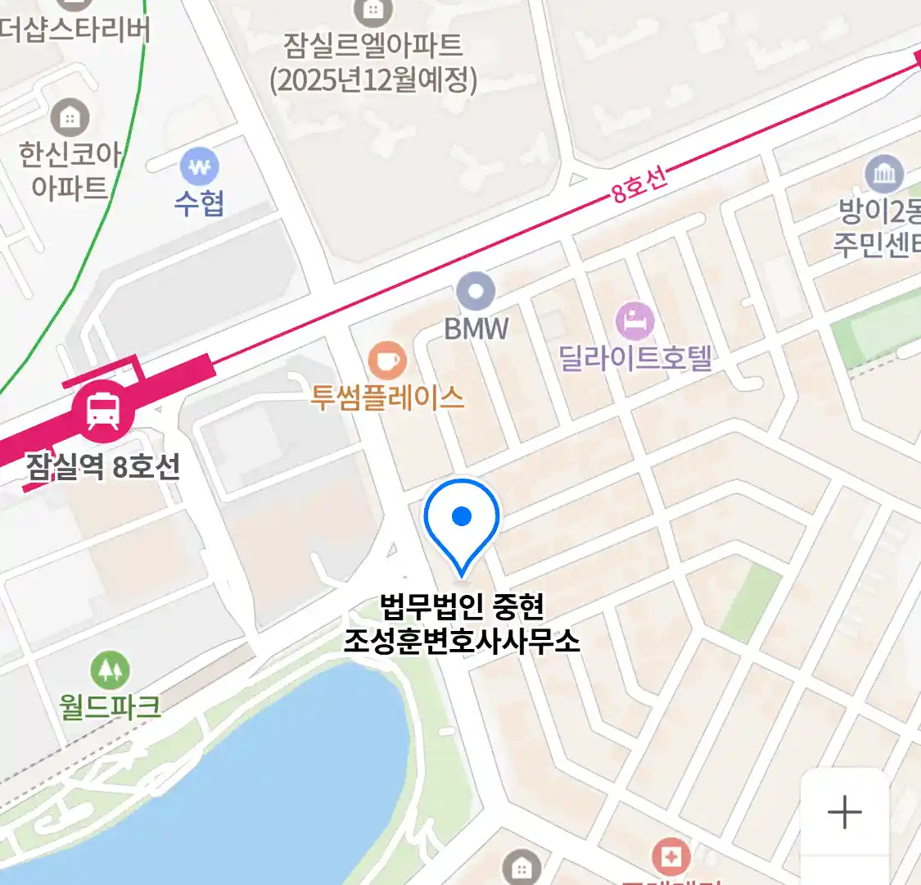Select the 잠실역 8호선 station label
coord(103,467)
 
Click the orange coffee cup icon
coord(386,361)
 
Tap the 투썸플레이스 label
coord(386,397)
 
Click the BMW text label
coord(476,329)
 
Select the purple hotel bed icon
coord(635,321)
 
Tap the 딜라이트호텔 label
coord(635,358)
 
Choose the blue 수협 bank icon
coord(199,168)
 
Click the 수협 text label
coord(199,203)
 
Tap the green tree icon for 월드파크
coord(110,670)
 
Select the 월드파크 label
coord(110,706)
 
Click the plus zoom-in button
coord(844,812)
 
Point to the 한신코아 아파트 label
coord(70,170)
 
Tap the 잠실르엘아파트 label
coord(373,61)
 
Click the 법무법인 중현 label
coord(462,607)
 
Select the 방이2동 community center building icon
coord(884,174)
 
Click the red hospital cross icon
coord(670,857)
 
